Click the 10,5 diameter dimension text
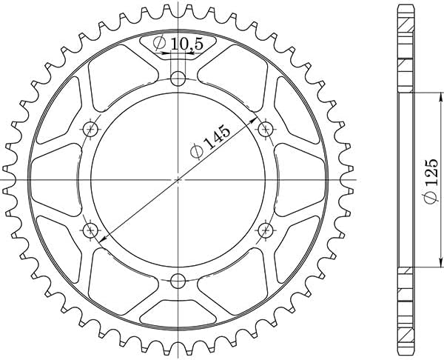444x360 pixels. (186, 44)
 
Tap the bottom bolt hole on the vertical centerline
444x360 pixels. (178, 281)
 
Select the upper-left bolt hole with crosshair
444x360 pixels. (90, 130)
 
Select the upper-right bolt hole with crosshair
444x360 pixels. (266, 130)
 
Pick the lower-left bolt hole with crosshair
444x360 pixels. (90, 230)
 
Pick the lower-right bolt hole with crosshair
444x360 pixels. (266, 230)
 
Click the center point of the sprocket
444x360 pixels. (178, 180)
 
